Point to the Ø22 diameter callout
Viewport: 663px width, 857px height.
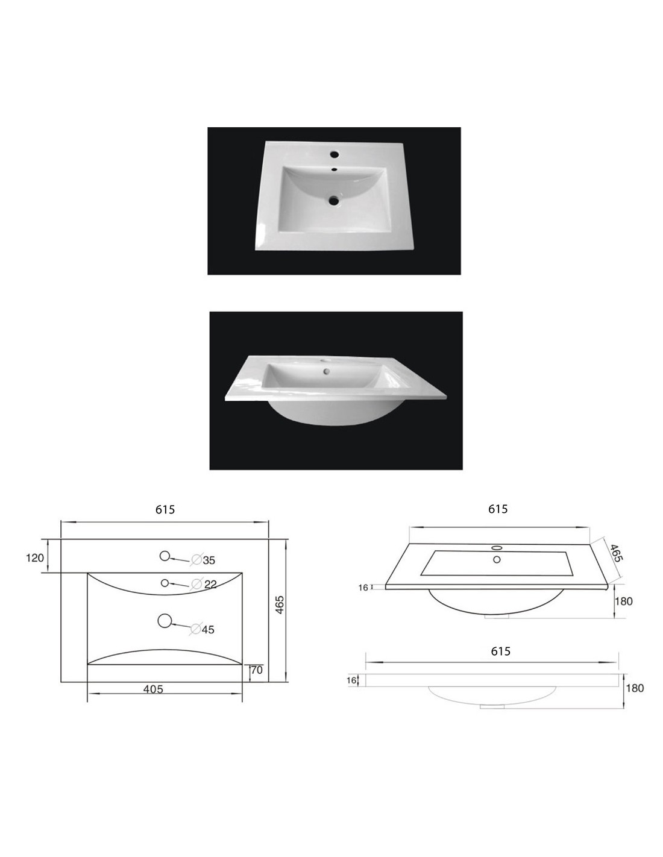204,584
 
